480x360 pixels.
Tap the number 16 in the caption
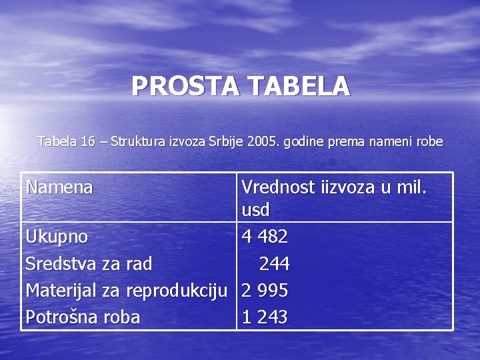(x=88, y=141)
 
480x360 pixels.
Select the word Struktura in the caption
(x=137, y=141)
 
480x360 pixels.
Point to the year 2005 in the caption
(x=261, y=141)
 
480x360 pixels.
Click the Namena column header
(x=59, y=187)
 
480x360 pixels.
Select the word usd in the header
(x=255, y=211)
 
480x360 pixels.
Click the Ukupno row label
(x=57, y=237)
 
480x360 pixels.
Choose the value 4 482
(x=265, y=237)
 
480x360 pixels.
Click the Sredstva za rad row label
(x=89, y=264)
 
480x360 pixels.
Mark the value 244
(x=274, y=265)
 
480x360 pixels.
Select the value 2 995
(x=265, y=291)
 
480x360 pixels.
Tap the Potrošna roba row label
(x=83, y=317)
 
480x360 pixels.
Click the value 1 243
(x=265, y=318)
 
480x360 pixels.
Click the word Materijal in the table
(x=61, y=291)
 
